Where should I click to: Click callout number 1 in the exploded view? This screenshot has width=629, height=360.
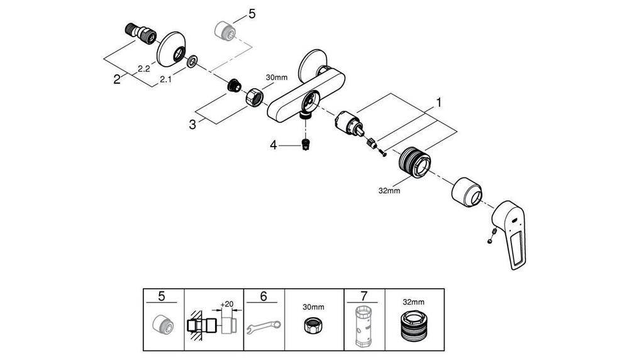click(439, 101)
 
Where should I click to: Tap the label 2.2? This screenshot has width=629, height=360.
click(143, 69)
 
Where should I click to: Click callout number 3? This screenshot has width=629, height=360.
click(192, 124)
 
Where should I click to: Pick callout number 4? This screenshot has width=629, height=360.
click(274, 145)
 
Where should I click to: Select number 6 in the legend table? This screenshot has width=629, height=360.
click(263, 295)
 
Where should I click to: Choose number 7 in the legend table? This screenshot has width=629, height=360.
click(364, 295)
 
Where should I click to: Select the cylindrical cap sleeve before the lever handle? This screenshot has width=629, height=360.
click(469, 191)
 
